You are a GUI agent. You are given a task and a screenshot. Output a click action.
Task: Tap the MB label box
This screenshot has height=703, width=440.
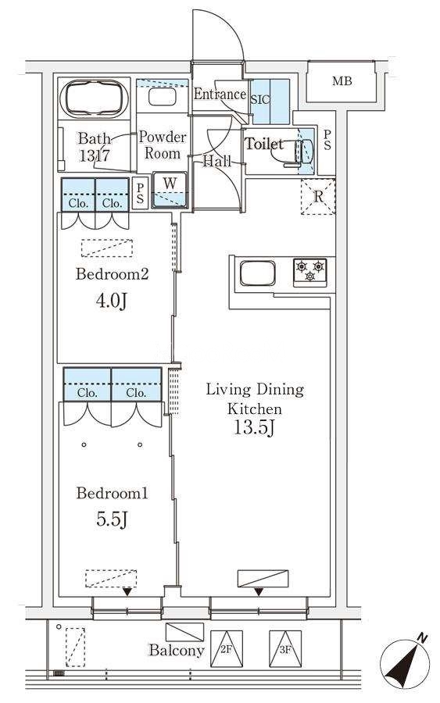point(342,81)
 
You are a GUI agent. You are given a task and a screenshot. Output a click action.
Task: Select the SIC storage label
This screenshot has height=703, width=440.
point(260,99)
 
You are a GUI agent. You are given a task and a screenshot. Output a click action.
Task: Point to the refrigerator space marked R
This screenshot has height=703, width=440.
point(318,196)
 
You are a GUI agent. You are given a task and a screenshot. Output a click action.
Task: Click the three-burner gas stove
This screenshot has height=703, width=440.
point(310,271)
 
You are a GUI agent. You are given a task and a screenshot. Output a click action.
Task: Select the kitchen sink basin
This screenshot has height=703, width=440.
point(257,273)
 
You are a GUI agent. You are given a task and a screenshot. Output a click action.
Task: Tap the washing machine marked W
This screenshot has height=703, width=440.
point(170,190)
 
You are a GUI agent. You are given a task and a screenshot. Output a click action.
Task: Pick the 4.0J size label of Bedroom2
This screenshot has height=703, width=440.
point(111,301)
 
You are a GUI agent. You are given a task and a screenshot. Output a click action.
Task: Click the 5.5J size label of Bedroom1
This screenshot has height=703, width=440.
point(112,519)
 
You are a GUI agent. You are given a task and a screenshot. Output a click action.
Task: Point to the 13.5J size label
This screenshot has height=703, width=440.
point(254,428)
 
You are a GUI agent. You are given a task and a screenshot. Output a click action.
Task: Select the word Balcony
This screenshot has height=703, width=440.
point(177,651)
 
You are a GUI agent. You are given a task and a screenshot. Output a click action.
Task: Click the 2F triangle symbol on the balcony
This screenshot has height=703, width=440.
point(226,649)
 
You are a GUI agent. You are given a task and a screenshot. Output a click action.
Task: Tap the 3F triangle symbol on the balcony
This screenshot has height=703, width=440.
point(285,649)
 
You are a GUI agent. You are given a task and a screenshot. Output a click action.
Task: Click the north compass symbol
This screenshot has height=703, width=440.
point(405,662)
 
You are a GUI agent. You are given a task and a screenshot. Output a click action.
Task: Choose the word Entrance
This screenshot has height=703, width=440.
point(220,95)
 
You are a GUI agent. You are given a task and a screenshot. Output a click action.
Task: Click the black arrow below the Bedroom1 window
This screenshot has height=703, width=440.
point(127,592)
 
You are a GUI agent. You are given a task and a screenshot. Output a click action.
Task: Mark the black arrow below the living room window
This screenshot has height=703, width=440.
point(259,592)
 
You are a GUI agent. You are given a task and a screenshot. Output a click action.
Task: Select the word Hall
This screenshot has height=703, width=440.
point(217,161)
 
